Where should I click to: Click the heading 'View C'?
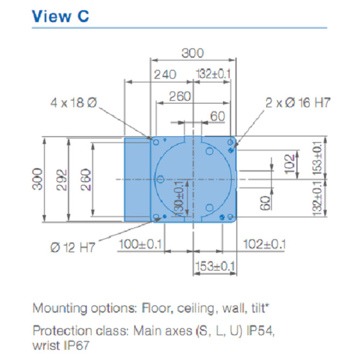coord(60,16)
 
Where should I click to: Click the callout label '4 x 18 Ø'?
coord(74,102)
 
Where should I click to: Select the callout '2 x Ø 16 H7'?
coord(298,102)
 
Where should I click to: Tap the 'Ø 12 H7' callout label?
coord(73,247)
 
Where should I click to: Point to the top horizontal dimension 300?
coord(192,53)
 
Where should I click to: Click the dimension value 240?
coord(165,74)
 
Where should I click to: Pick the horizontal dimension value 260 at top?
coord(180,96)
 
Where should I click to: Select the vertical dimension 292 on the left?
coord(61,180)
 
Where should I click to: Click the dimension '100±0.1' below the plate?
coord(140,244)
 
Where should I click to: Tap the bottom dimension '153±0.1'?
coord(215,266)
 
